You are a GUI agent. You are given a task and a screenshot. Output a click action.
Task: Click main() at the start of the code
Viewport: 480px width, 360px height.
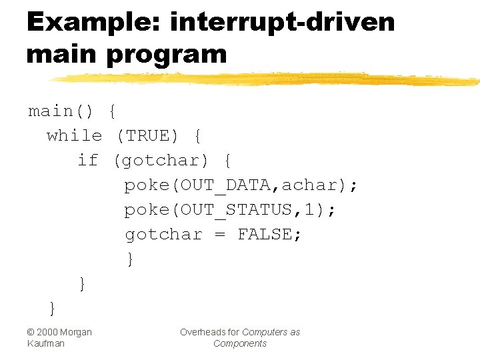pos(60,111)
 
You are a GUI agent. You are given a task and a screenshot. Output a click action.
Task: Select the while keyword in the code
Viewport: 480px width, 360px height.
pos(74,135)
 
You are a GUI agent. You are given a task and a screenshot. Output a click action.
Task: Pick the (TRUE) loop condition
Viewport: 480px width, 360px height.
pos(147,135)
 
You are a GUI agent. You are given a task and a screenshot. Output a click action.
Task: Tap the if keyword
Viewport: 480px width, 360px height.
pos(87,160)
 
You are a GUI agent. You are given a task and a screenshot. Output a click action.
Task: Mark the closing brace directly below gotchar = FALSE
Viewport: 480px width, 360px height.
pos(130,259)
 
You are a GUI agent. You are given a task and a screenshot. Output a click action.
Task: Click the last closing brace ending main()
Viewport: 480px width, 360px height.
pos(52,307)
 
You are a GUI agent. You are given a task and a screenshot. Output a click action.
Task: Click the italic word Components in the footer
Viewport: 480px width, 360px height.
pos(240,343)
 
